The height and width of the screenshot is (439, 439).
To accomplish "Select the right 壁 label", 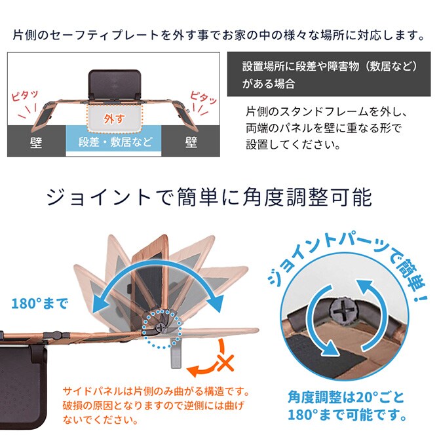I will point(191,142).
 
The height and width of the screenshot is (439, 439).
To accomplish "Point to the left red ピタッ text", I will point(26,97).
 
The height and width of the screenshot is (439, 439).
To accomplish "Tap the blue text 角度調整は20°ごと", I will point(347,397).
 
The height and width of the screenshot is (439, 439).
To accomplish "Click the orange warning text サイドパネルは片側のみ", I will point(156,391).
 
